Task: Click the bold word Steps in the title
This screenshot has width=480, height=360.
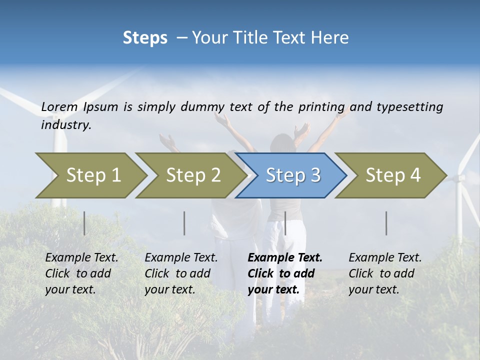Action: pos(145,38)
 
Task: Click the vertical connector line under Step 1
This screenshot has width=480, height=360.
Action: pos(84,223)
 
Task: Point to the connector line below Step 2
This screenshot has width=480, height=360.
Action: pos(184,223)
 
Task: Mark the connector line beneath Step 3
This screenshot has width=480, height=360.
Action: pos(285,223)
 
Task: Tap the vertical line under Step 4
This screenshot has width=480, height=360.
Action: pos(386,223)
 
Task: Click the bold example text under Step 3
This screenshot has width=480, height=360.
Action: pos(284,273)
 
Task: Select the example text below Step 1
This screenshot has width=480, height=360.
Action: pos(81,273)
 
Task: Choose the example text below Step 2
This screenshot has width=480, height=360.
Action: pos(181,273)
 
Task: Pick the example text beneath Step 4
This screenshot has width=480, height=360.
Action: pos(385,273)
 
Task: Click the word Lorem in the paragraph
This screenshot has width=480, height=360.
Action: pos(59,107)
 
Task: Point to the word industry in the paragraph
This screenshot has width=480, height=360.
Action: pos(66,125)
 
